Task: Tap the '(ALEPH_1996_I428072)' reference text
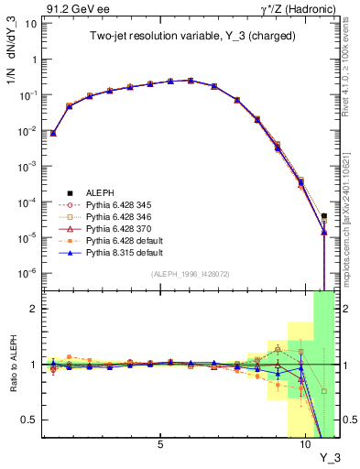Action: click(x=189, y=274)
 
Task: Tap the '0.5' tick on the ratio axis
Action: click(x=30, y=420)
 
